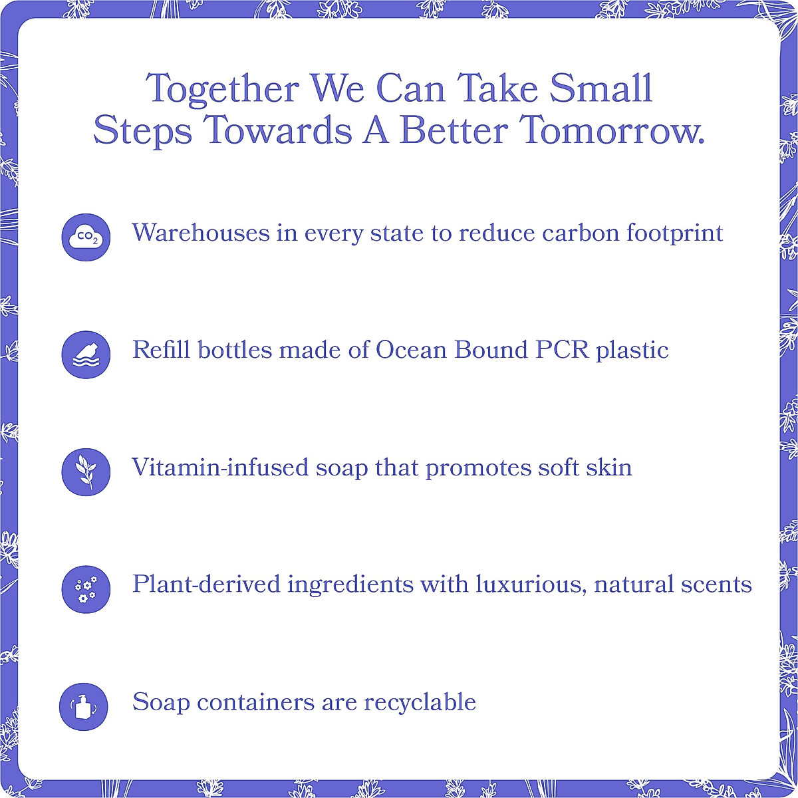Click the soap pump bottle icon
[84, 706]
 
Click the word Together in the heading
[223, 90]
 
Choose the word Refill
[157, 350]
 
